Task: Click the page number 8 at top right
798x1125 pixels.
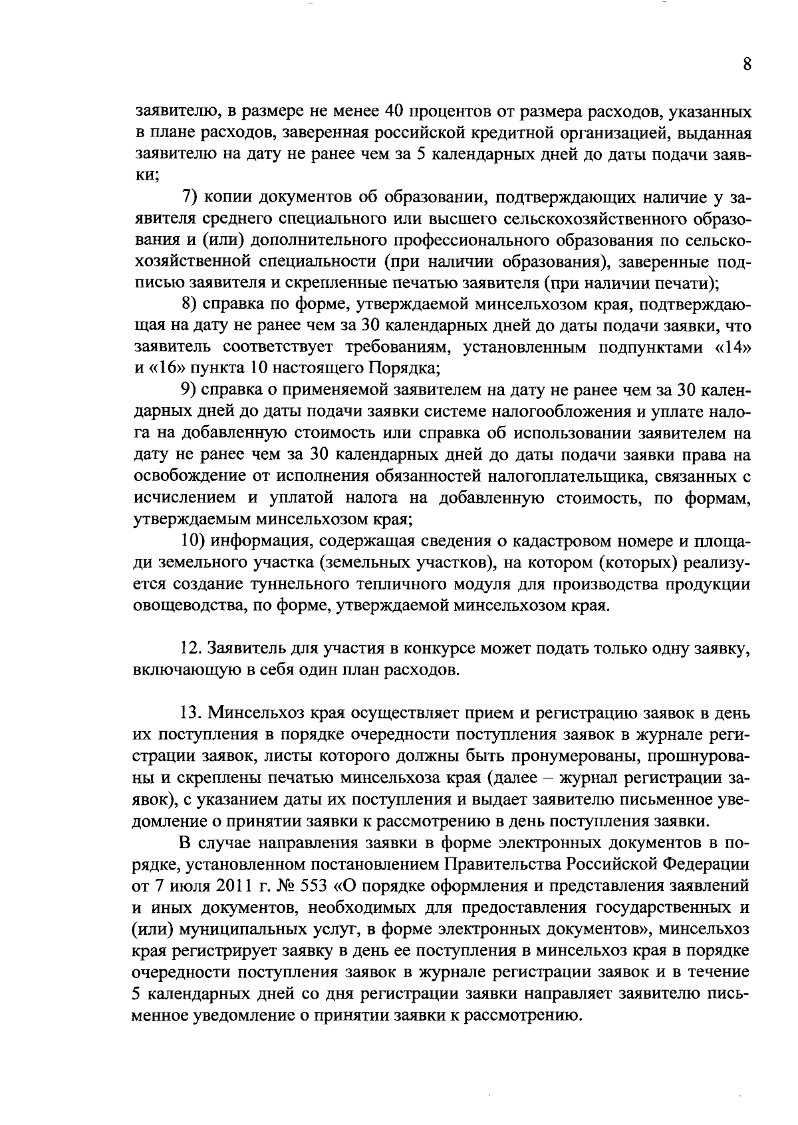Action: point(746,65)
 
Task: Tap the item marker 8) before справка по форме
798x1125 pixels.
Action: point(191,305)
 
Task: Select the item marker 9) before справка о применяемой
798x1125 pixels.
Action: point(191,390)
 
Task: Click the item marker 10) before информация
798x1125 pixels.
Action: point(196,541)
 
